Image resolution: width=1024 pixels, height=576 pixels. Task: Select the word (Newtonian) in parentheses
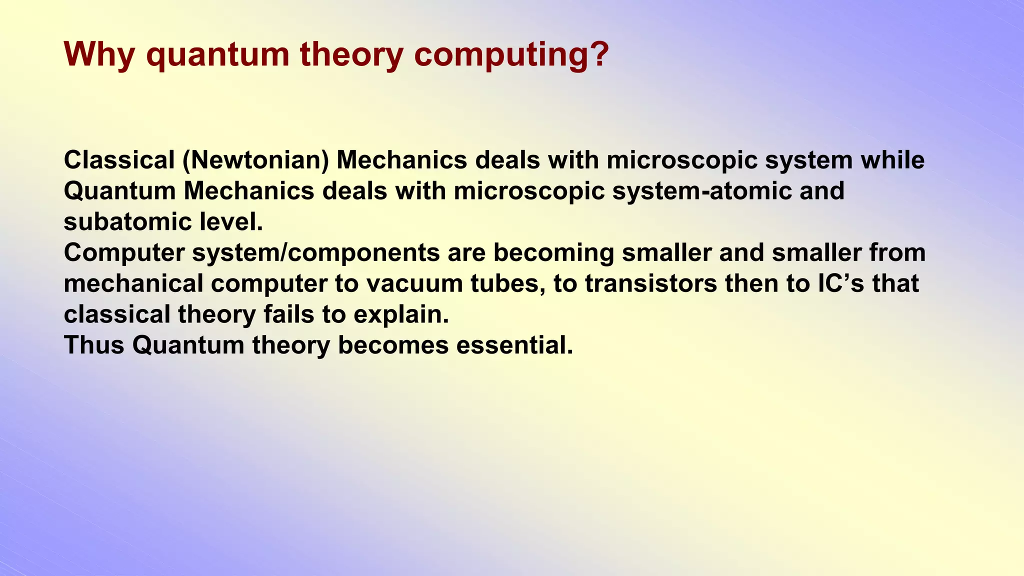pyautogui.click(x=255, y=160)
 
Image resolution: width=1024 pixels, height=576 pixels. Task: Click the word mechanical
pyautogui.click(x=133, y=284)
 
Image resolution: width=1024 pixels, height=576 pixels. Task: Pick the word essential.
pyautogui.click(x=514, y=345)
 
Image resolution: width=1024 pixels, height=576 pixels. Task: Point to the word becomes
pyautogui.click(x=393, y=345)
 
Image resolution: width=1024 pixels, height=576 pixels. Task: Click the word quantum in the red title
pyautogui.click(x=217, y=55)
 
